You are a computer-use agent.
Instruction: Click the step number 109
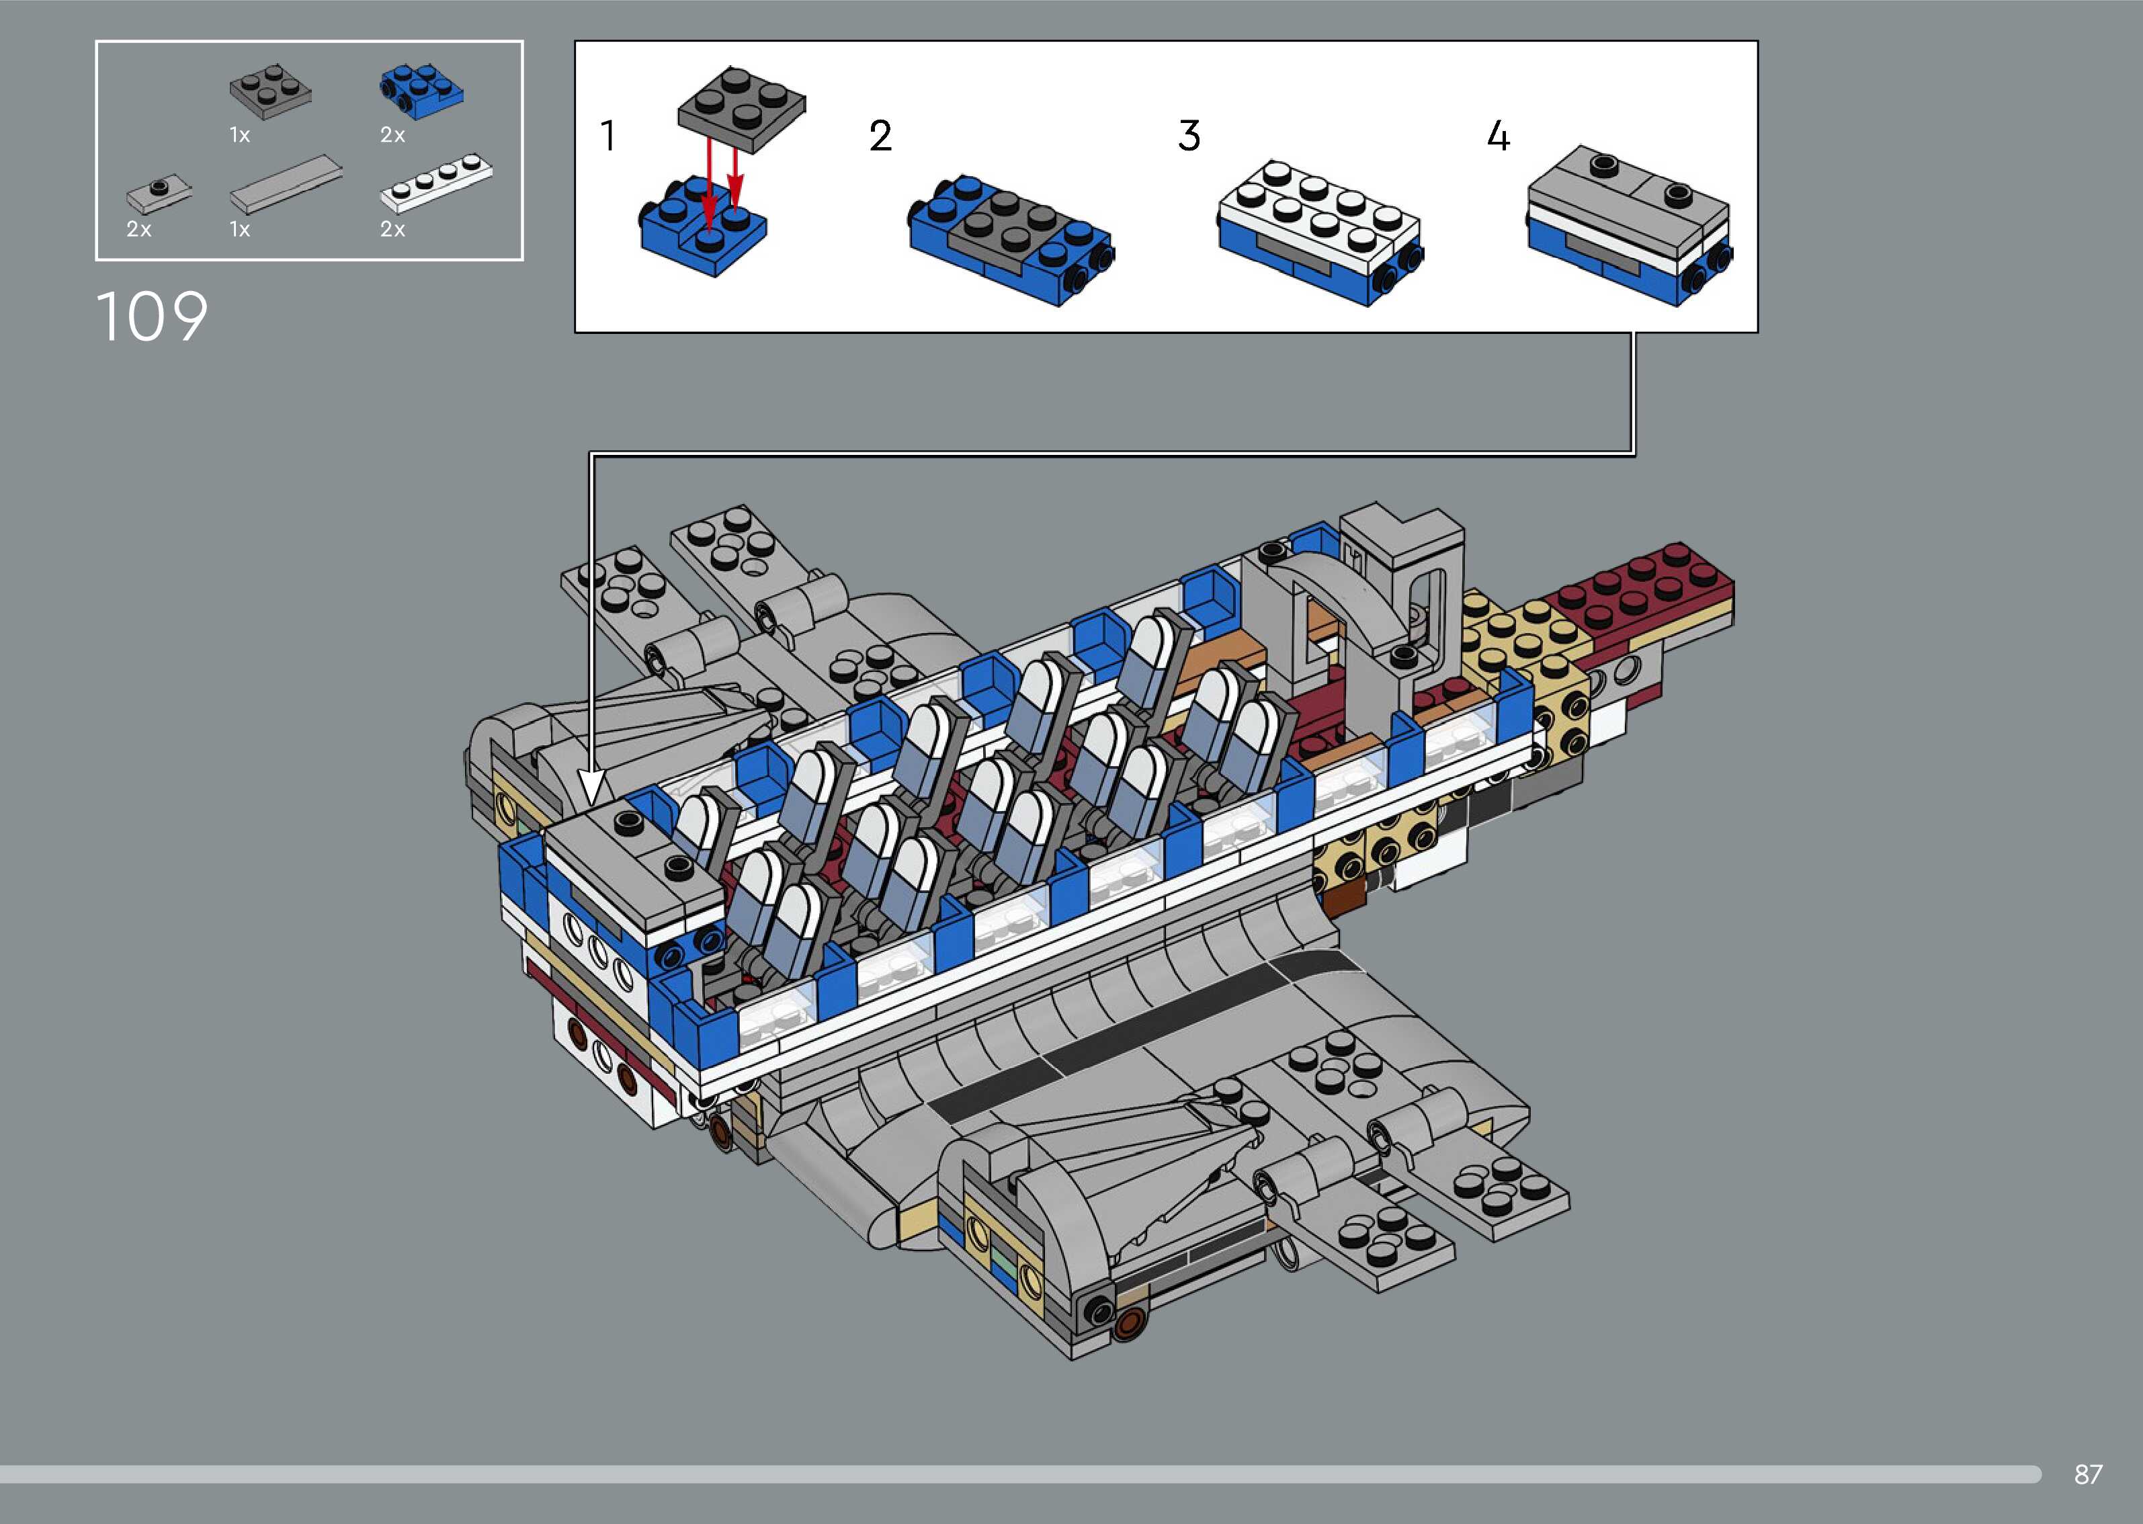[152, 316]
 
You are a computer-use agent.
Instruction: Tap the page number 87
[2088, 1474]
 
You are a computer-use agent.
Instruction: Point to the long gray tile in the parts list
[286, 184]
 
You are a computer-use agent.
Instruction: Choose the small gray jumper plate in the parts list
[159, 194]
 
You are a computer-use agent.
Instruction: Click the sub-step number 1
[608, 135]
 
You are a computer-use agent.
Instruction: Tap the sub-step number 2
[880, 136]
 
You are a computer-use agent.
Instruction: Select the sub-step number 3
[1189, 136]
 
